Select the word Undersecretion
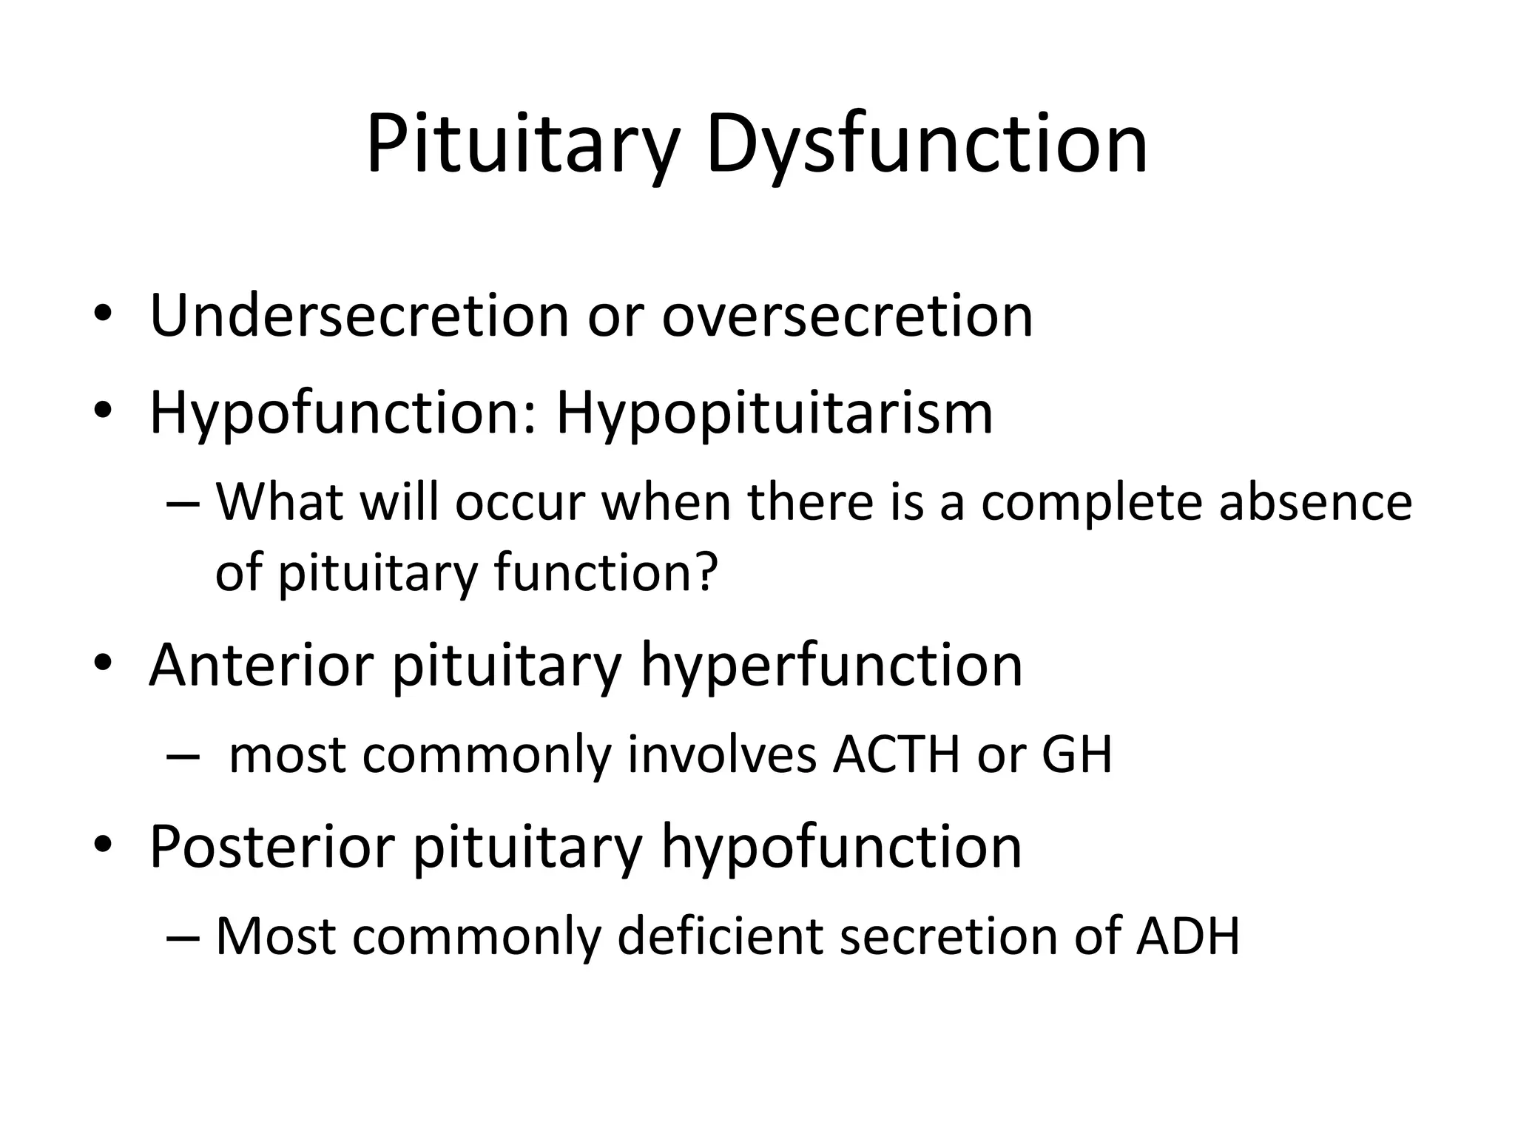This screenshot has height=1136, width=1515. coord(358,316)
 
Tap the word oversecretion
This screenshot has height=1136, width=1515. coord(847,316)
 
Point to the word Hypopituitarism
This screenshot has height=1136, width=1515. coord(774,413)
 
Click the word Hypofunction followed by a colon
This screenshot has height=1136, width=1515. coord(343,413)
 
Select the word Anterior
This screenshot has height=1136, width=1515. coord(260,665)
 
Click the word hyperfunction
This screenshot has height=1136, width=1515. coord(831,665)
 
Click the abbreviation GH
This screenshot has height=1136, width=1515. coord(1076,755)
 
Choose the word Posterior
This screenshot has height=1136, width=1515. coord(271,846)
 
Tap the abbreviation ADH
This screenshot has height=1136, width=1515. coord(1187,936)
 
